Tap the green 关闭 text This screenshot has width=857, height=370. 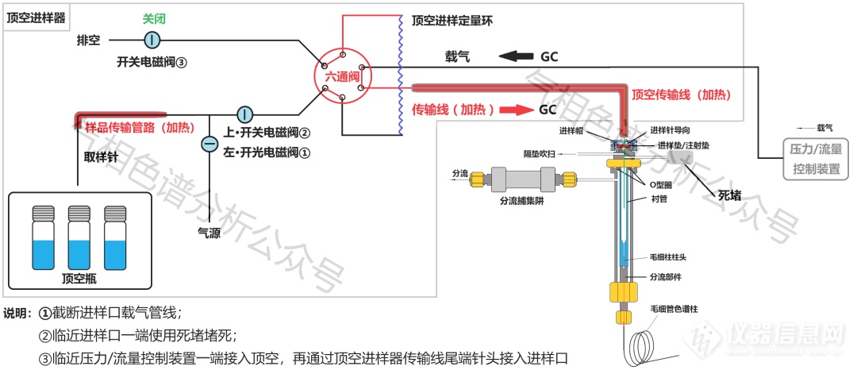[x=154, y=17]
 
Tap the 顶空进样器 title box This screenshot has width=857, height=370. [x=36, y=17]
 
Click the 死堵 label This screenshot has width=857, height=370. [x=732, y=195]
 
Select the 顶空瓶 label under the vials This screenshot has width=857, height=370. [x=78, y=279]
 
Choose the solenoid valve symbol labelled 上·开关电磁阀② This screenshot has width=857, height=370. [x=244, y=116]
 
